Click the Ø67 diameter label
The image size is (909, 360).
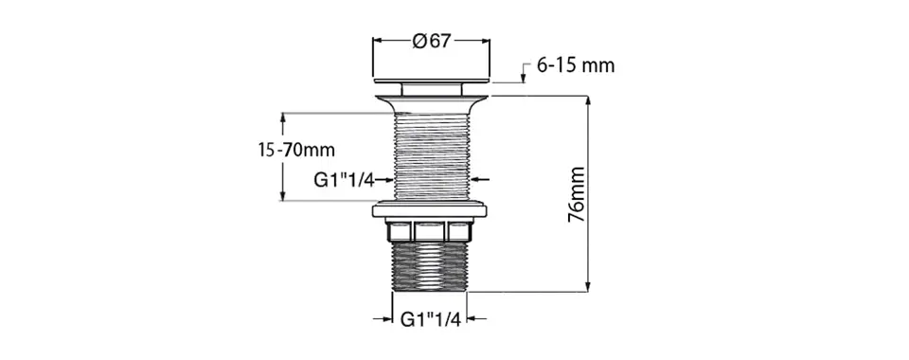coord(432,41)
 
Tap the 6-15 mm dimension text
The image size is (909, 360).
coord(576,65)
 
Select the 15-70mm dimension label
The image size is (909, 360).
coord(296,150)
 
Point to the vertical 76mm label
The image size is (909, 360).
coord(577,194)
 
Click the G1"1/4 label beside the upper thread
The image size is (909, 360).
coord(345,180)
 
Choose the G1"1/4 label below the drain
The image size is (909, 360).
coord(431,319)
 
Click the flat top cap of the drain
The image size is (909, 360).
coord(432,81)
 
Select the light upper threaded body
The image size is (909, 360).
coord(432,156)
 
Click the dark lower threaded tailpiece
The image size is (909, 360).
coord(430,266)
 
